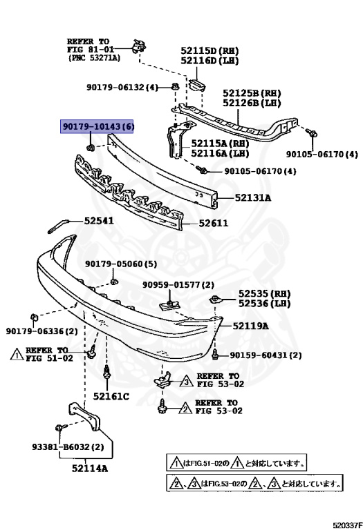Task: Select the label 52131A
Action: coord(253,198)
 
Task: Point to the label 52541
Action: coord(99,222)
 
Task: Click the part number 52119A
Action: coord(250,325)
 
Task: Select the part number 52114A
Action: coord(89,469)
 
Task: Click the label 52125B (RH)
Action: coord(252,92)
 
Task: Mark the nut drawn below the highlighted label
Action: coord(91,146)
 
